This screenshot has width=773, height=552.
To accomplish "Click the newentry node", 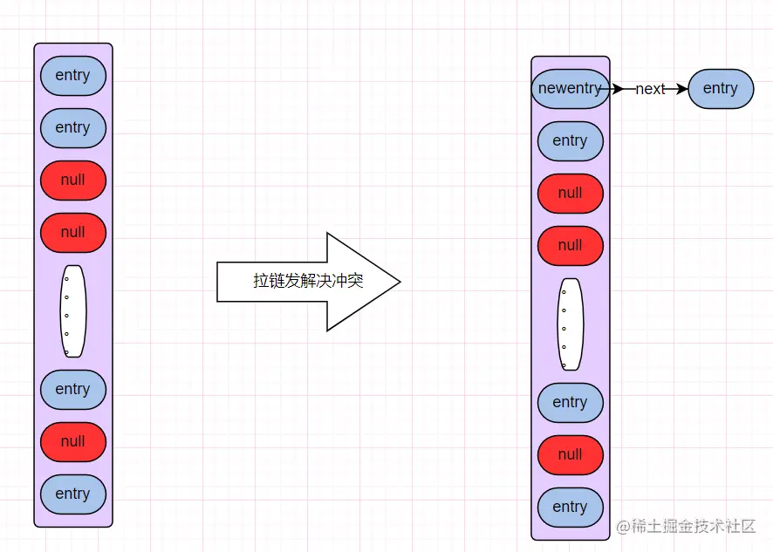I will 570,89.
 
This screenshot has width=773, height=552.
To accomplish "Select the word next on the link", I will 650,89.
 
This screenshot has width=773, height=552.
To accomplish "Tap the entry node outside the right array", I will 720,89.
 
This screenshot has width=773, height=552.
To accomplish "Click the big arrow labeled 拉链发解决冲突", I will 308,282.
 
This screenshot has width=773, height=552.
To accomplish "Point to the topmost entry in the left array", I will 73,76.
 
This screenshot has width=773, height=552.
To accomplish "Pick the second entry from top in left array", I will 73,128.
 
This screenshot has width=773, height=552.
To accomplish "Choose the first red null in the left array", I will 73,181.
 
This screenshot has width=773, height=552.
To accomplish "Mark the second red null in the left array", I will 73,233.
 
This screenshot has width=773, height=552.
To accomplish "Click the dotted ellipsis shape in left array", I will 73,311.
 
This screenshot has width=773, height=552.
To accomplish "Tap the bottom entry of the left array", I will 73,494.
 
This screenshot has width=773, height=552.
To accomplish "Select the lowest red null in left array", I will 73,442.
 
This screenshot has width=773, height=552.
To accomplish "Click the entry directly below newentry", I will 570,141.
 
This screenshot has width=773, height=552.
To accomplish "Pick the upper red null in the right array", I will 570,194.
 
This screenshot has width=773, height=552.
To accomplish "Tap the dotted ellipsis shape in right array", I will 570,324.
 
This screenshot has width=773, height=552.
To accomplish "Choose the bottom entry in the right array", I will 570,508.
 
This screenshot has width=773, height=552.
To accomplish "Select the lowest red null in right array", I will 570,455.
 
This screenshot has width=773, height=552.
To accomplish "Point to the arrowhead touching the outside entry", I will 682,89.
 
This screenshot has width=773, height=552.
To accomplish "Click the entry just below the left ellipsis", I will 73,390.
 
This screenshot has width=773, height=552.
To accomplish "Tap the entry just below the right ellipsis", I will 570,403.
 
